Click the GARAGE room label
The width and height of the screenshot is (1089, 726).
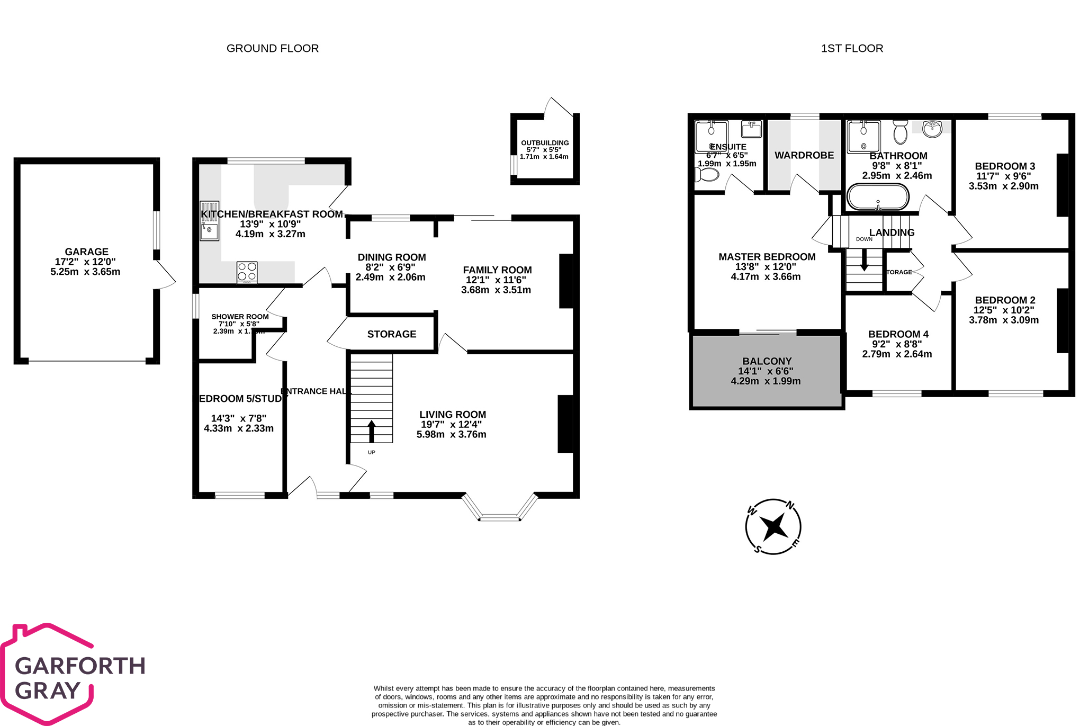click(x=86, y=252)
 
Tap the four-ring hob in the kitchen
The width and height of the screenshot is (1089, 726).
click(x=247, y=272)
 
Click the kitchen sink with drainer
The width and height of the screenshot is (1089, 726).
click(x=209, y=221)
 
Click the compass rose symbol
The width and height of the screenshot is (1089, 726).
click(x=773, y=527)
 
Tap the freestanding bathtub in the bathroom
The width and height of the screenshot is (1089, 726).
click(x=878, y=197)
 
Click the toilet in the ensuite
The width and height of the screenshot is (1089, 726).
click(x=707, y=174)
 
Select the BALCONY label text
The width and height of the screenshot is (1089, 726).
click(x=767, y=361)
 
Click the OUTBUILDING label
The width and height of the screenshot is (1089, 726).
click(x=545, y=143)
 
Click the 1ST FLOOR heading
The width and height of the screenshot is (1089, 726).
click(x=852, y=49)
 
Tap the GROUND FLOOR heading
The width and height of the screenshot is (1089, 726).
click(x=273, y=49)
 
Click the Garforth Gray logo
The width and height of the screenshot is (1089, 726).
click(x=74, y=675)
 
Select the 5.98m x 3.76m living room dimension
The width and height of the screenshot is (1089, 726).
click(x=451, y=435)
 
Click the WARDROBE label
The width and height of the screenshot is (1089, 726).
click(x=804, y=155)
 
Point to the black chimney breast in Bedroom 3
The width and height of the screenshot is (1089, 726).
click(x=1062, y=185)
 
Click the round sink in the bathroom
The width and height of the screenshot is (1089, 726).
click(x=932, y=128)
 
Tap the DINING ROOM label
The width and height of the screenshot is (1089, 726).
click(x=392, y=257)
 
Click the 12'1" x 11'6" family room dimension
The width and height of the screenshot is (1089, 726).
click(x=496, y=280)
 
